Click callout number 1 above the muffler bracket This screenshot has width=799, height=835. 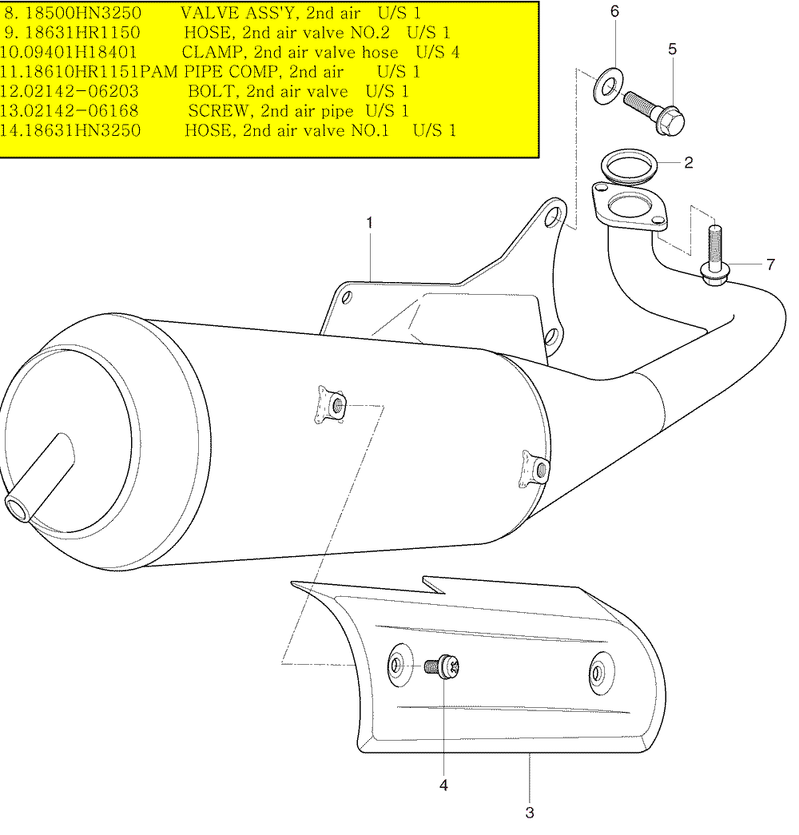click(x=370, y=223)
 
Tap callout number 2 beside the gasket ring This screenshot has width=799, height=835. click(x=688, y=162)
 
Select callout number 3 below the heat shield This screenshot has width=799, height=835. click(x=530, y=813)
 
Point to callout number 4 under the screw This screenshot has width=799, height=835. click(x=443, y=785)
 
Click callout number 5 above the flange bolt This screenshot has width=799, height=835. click(x=672, y=49)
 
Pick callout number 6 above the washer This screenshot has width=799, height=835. click(x=614, y=11)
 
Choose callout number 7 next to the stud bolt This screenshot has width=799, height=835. click(x=770, y=264)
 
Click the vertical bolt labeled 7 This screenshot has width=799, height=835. click(x=714, y=256)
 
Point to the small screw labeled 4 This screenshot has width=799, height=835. click(x=442, y=666)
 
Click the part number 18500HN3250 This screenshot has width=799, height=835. click(x=83, y=13)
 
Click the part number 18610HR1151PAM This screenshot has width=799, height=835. click(x=96, y=71)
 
